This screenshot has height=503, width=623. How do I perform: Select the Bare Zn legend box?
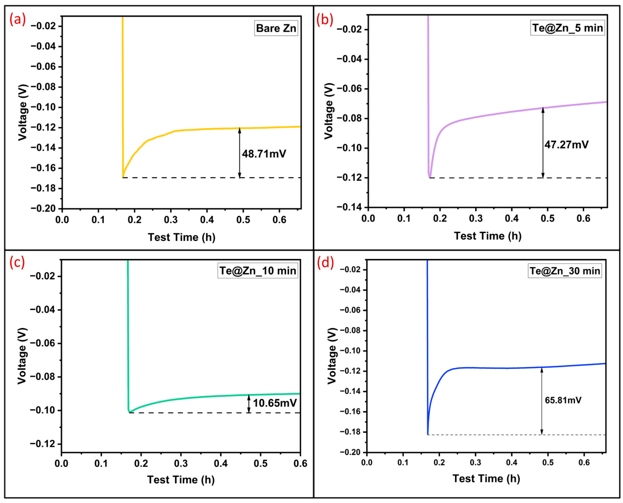point(276,28)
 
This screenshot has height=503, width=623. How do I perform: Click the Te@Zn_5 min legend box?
point(567,28)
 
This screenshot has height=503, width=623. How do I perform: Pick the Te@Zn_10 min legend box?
point(257,271)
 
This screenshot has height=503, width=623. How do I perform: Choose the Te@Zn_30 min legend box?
point(565,271)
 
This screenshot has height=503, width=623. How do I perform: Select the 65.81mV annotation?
point(563,400)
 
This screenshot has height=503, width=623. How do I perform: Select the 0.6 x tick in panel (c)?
point(300,463)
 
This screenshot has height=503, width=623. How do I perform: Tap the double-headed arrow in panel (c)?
point(249,404)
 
